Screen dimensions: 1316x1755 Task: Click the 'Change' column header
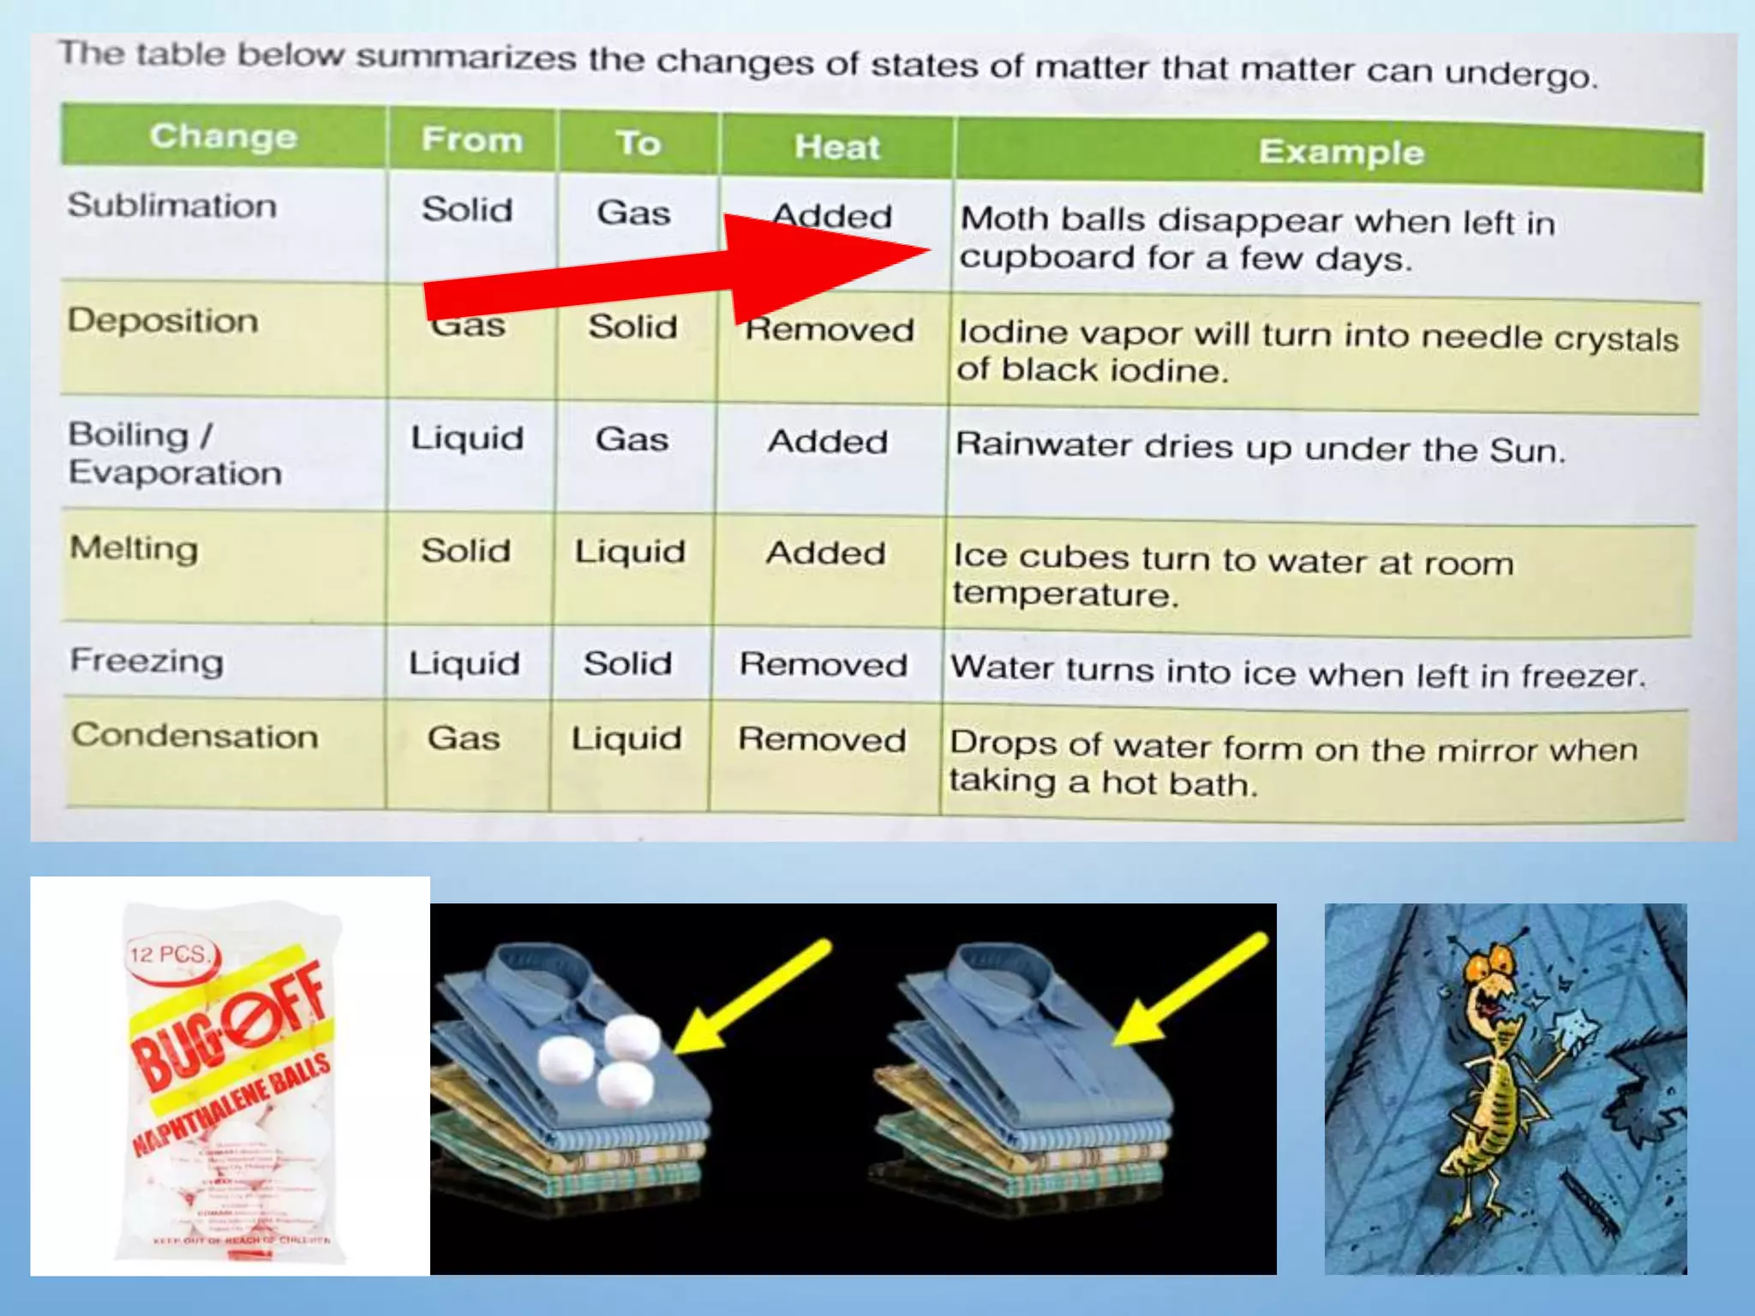click(x=224, y=136)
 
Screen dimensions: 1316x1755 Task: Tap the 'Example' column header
click(x=1341, y=152)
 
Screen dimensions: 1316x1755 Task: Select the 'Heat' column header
click(x=836, y=147)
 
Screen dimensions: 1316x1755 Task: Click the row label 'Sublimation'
click(x=172, y=206)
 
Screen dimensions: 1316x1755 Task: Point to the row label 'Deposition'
click(x=163, y=320)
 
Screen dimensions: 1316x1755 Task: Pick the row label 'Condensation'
click(x=195, y=736)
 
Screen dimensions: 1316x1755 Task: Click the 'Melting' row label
click(x=134, y=548)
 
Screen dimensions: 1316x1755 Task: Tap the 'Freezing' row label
click(x=147, y=661)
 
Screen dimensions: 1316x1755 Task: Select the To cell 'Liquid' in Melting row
click(x=630, y=552)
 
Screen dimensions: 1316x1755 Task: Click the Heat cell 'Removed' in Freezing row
click(x=823, y=665)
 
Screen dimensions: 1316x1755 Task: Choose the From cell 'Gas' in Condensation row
click(x=464, y=738)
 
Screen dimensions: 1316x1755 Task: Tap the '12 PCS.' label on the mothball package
click(x=169, y=954)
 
